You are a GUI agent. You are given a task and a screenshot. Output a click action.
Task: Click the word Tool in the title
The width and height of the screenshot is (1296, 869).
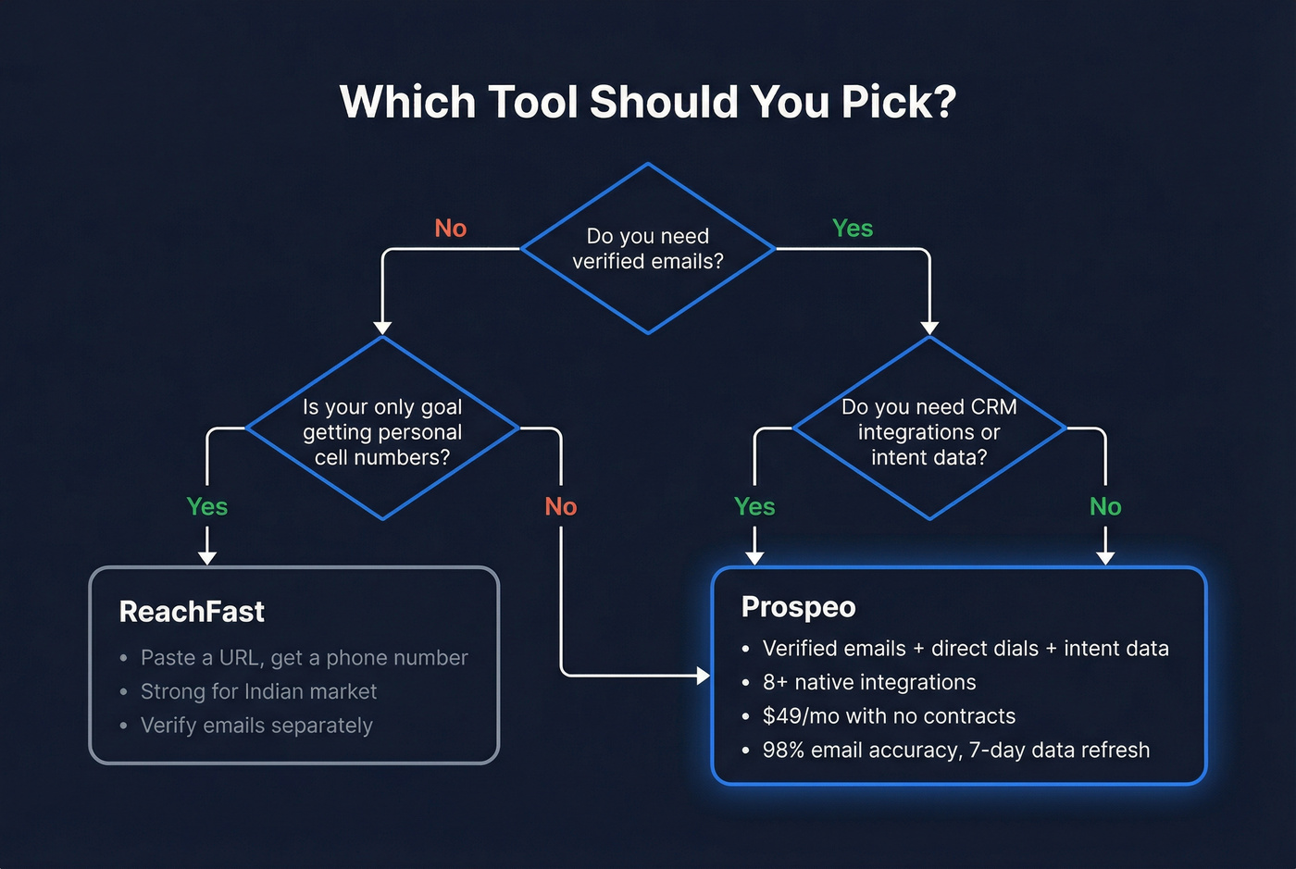point(534,102)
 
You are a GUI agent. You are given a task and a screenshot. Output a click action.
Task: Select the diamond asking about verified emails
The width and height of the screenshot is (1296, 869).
point(648,249)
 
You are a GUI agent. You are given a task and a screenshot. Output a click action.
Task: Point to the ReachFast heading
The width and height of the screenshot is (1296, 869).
point(192,612)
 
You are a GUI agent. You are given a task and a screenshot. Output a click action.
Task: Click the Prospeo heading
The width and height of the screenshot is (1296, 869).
point(798,607)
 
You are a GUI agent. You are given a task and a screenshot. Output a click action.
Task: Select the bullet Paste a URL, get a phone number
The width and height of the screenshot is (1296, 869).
point(304,658)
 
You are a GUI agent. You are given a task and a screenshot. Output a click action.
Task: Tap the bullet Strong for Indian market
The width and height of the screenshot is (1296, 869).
point(258,691)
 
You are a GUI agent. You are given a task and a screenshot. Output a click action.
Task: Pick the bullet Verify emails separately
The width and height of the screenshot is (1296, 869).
point(256,726)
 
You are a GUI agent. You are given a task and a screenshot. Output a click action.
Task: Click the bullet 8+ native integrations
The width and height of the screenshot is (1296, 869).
point(868,682)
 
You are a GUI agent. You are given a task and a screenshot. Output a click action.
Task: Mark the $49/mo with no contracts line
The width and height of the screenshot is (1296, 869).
point(889,716)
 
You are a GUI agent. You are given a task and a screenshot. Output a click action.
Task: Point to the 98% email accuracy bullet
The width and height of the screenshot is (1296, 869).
point(955,751)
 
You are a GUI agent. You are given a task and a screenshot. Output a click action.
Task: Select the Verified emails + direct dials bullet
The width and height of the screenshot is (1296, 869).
point(965,649)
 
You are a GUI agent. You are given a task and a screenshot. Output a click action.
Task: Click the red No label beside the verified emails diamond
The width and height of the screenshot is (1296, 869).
point(451,229)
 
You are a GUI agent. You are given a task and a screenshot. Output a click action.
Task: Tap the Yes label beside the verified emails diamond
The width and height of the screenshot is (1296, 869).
point(853,229)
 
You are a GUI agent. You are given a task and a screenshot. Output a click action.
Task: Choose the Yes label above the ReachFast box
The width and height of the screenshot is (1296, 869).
point(207,507)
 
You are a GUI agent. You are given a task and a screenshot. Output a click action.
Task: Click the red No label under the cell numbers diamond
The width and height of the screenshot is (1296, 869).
point(561,507)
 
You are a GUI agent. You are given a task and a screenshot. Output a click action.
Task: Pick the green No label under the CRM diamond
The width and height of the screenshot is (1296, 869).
point(1105,507)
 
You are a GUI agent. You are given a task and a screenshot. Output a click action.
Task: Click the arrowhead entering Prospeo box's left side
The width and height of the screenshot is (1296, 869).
point(703,676)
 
